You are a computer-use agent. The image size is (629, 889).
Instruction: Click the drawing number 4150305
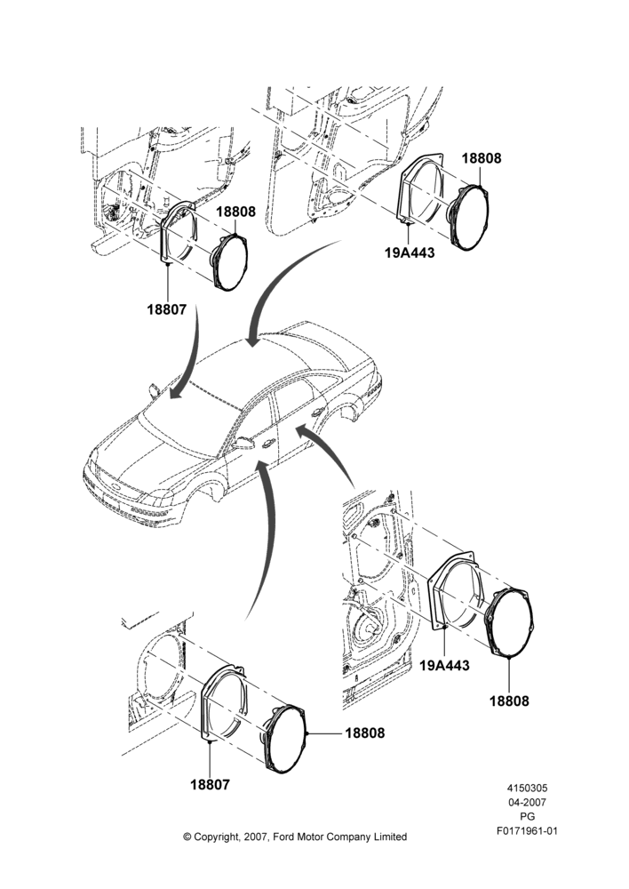pos(527,788)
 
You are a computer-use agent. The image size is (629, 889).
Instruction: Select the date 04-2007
pos(527,802)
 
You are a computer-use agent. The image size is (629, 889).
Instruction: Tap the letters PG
pos(527,817)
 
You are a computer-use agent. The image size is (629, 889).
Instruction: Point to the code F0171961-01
pos(527,831)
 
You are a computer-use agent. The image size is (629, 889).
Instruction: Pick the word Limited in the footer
pos(389,837)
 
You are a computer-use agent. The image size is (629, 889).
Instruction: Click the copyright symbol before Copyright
pos(187,837)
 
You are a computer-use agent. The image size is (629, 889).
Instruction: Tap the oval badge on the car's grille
pos(114,487)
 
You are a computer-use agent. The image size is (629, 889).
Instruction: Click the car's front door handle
pos(266,444)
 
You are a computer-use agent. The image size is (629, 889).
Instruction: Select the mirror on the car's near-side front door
pos(244,442)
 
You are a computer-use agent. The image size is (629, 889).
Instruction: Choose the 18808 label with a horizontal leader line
pos(365,733)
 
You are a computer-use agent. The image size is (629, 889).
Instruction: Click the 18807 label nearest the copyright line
pos(211,785)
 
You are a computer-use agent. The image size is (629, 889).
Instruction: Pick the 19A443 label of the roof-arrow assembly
pos(410,252)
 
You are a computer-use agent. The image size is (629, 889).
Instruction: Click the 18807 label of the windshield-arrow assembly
pos(167,309)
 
